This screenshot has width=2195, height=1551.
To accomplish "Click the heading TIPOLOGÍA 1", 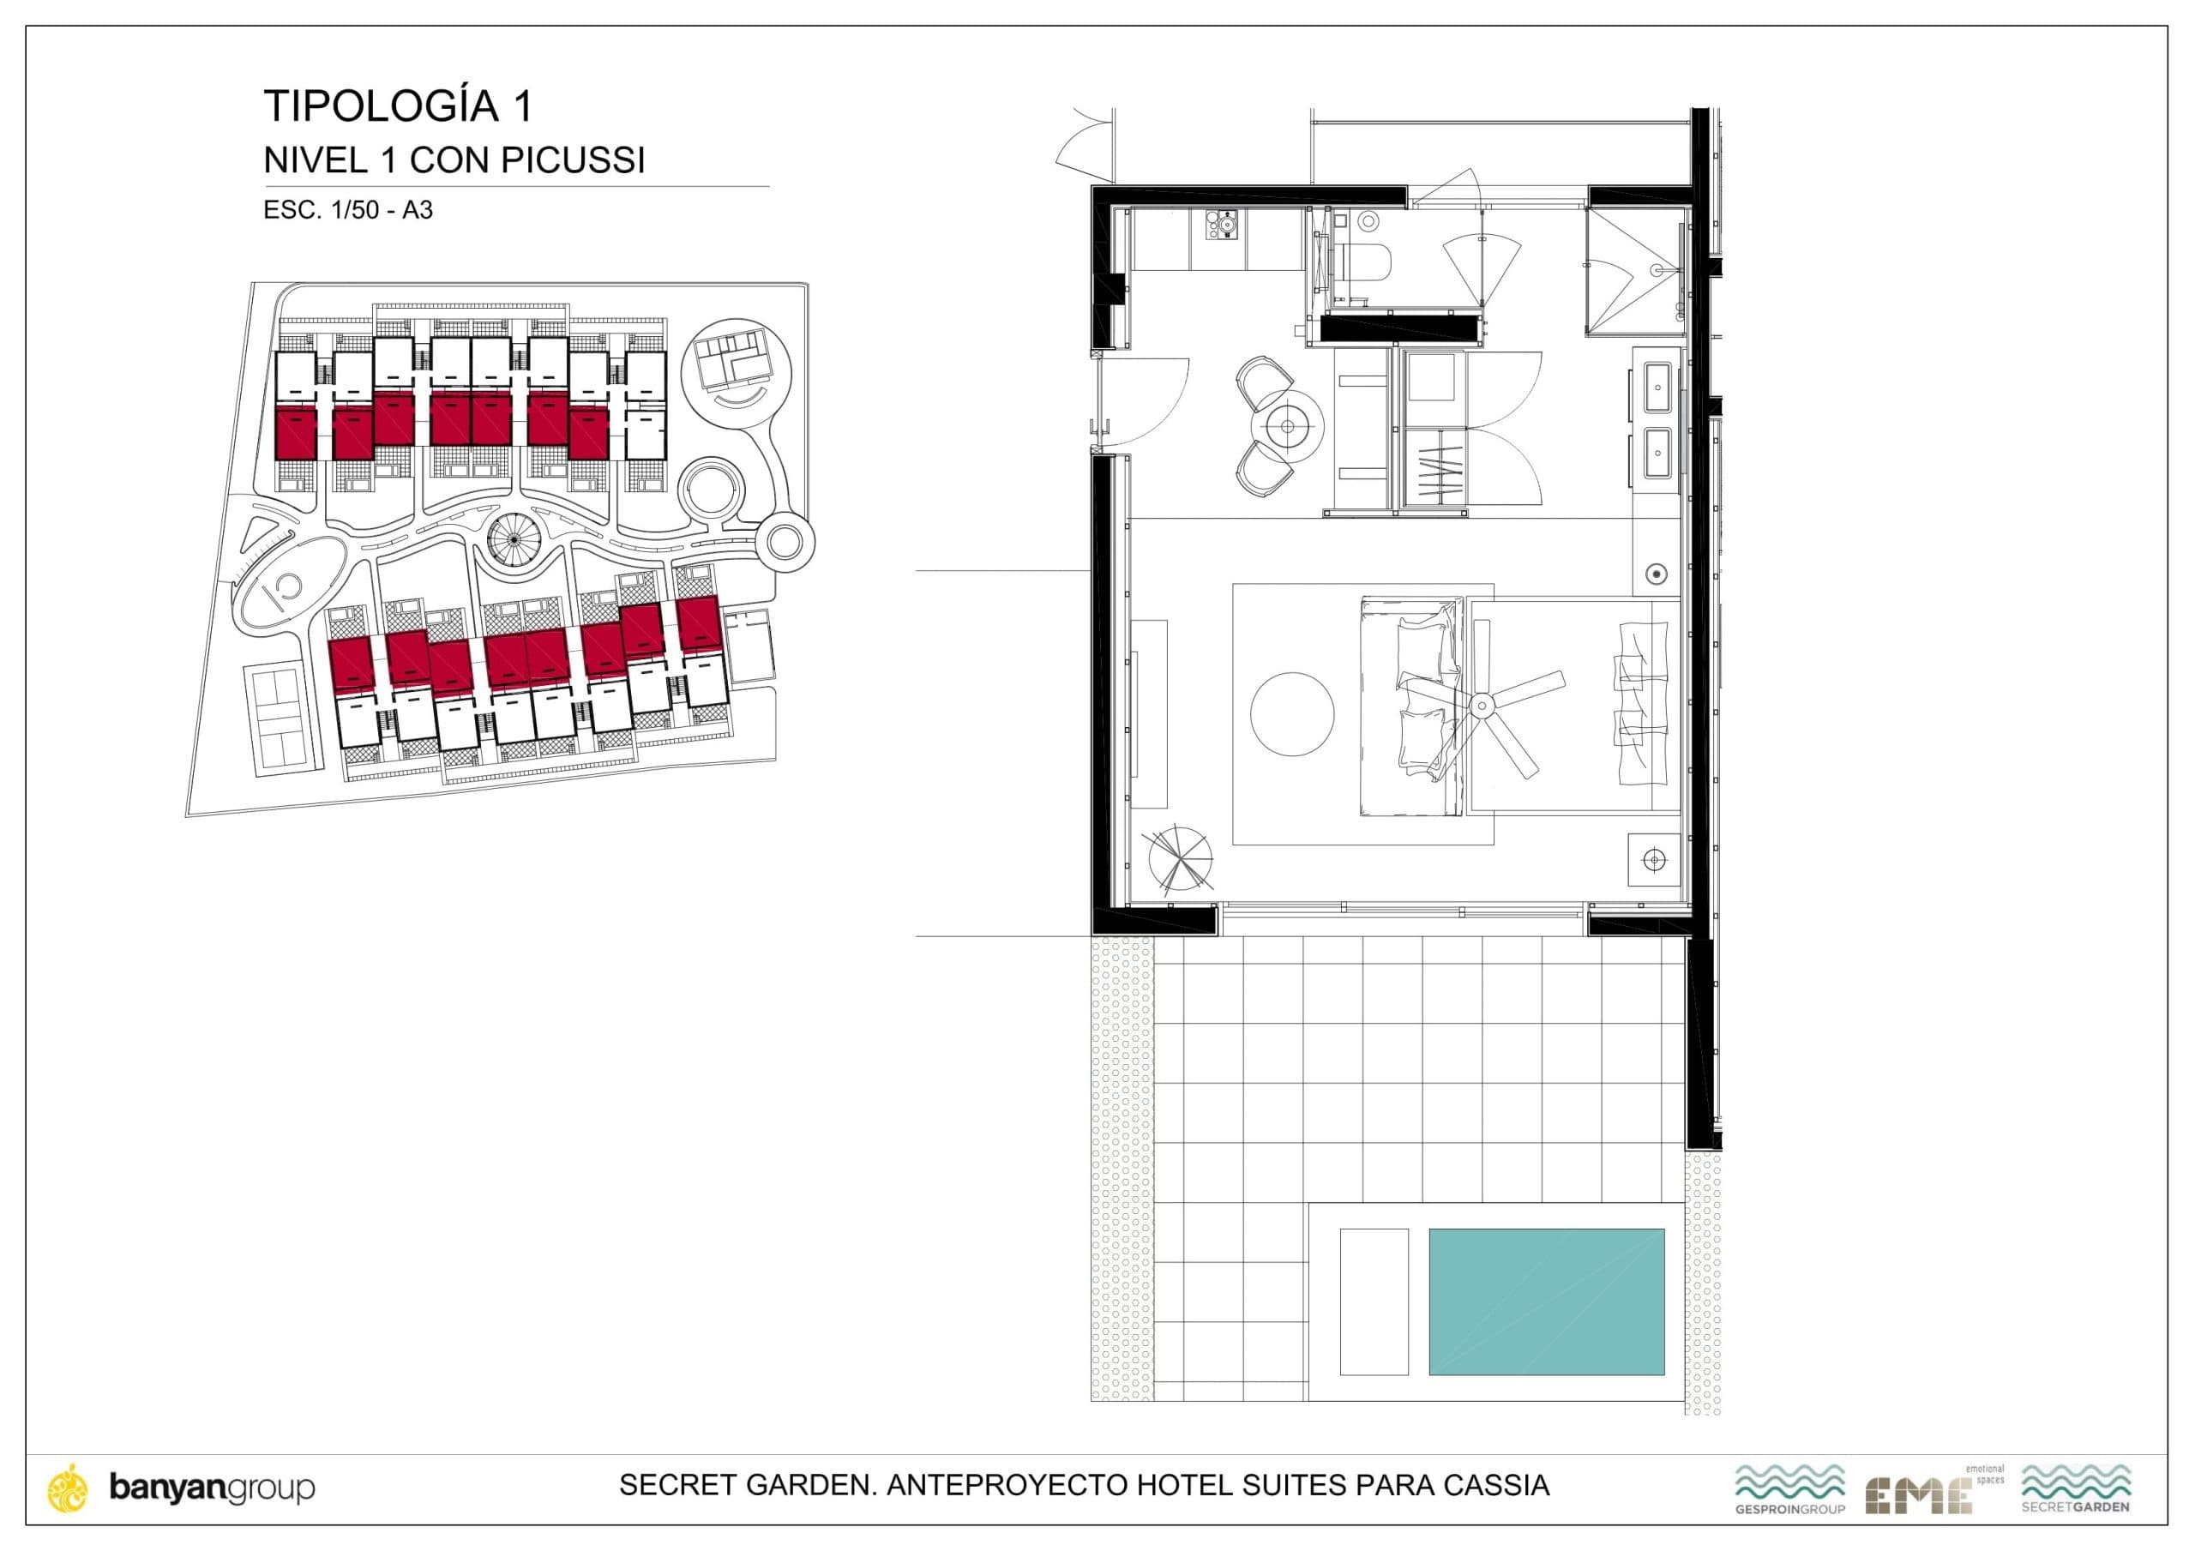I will pyautogui.click(x=398, y=106).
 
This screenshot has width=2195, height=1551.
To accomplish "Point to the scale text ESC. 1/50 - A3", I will pyautogui.click(x=348, y=210).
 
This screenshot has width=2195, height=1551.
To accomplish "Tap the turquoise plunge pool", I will pyautogui.click(x=1546, y=1302).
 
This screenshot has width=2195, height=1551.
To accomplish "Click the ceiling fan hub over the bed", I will pyautogui.click(x=1482, y=706).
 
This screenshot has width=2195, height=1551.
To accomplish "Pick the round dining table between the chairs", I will pyautogui.click(x=1288, y=425).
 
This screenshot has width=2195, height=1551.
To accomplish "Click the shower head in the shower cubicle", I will pyautogui.click(x=1666, y=271).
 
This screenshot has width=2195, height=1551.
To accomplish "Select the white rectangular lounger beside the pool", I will pyautogui.click(x=1374, y=1302).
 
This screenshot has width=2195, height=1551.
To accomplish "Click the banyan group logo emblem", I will pyautogui.click(x=69, y=1488).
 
